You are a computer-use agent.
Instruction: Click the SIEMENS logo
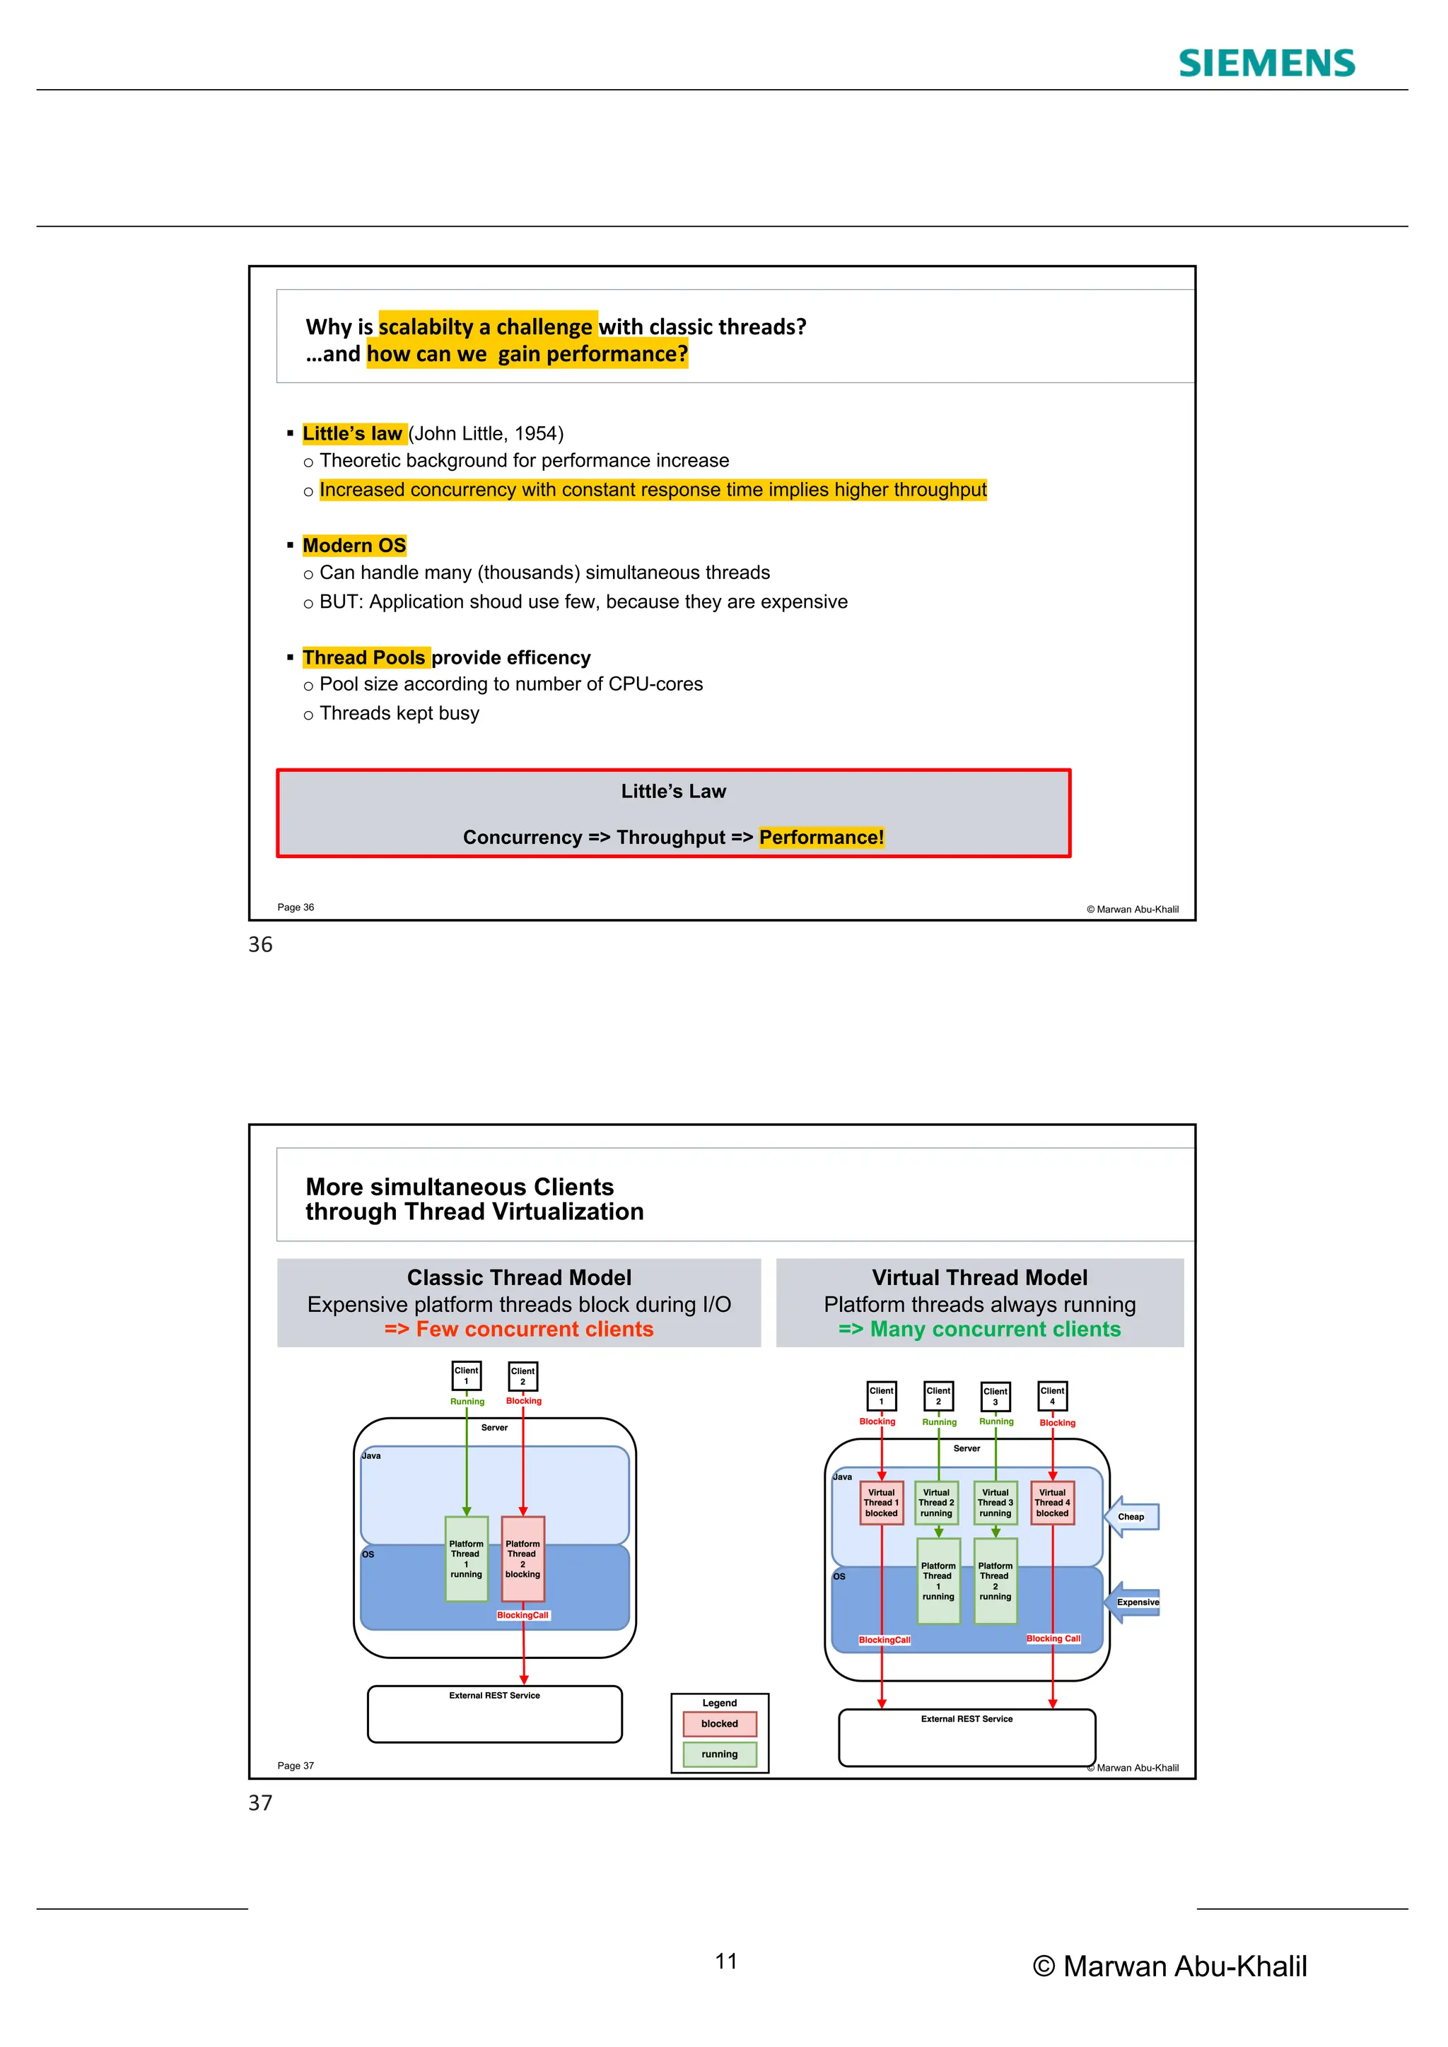coord(1266,64)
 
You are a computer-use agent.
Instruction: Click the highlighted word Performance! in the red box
coord(821,837)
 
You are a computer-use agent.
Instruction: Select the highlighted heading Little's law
coord(353,433)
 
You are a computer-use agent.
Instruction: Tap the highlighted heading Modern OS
coord(354,546)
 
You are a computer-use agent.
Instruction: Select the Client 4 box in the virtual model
coord(1052,1395)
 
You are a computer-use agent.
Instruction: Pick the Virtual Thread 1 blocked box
coord(881,1503)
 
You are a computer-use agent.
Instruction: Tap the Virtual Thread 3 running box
coord(995,1503)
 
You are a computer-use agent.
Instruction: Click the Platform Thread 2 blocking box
coord(522,1559)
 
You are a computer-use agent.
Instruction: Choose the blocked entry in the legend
coord(720,1723)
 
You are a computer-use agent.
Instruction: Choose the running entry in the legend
coord(720,1754)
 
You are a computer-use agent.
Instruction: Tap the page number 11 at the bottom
coord(726,1961)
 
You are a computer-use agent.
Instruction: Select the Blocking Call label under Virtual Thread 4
coord(1053,1638)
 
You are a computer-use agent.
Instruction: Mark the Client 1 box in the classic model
coord(467,1376)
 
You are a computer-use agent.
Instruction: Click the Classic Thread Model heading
coord(519,1277)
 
